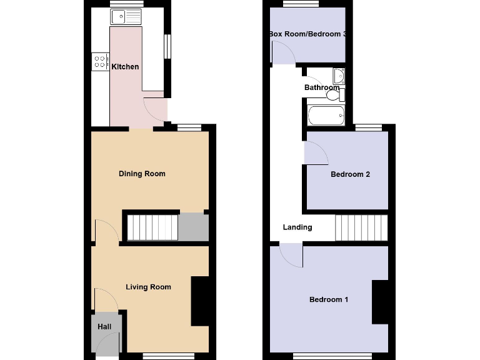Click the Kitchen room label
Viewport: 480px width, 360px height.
(x=125, y=67)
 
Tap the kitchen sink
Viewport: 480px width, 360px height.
(x=126, y=17)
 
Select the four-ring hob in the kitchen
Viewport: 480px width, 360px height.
(x=100, y=61)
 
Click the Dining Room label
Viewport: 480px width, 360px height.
(x=142, y=174)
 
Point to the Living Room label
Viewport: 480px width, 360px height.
(x=148, y=287)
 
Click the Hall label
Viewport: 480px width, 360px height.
(x=104, y=327)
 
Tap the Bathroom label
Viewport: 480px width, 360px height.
(x=322, y=88)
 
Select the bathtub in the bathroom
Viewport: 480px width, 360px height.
(x=326, y=116)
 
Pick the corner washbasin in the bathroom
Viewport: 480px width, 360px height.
(x=339, y=76)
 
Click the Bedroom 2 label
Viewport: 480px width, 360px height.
(x=350, y=174)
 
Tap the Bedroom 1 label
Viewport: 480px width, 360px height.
(x=329, y=300)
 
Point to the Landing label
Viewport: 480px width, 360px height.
(x=297, y=227)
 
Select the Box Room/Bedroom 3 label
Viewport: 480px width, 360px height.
(x=307, y=34)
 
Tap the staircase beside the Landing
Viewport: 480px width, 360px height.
(x=361, y=227)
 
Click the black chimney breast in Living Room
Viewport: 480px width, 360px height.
(x=200, y=301)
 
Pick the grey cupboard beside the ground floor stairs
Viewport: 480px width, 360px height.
(x=193, y=227)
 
